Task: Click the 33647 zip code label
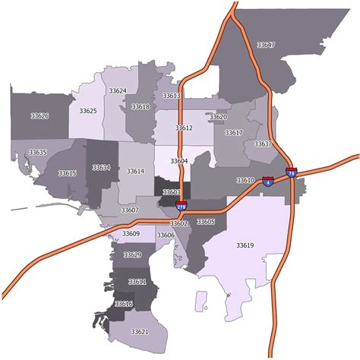tap(266, 46)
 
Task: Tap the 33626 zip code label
tap(39, 116)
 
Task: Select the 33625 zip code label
tap(87, 111)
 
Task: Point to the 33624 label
tap(117, 91)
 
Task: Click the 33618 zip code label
tap(141, 107)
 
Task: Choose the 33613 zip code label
tap(171, 96)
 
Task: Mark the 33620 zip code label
tap(218, 117)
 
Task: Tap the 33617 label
tap(234, 133)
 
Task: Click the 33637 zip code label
tap(263, 144)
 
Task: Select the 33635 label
tap(38, 153)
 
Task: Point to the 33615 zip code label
tap(67, 174)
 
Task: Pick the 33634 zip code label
tap(101, 167)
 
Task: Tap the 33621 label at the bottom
tap(139, 332)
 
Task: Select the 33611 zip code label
tap(137, 282)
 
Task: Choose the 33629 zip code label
tap(132, 254)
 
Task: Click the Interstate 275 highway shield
tap(181, 205)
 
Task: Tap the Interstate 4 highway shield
tap(267, 182)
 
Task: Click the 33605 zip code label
tap(206, 222)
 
